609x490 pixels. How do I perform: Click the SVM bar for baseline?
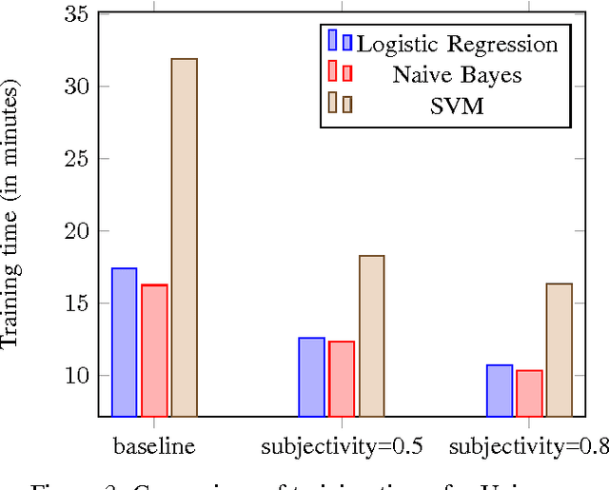point(184,238)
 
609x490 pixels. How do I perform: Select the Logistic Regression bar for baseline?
point(124,343)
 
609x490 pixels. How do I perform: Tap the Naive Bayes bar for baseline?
point(154,350)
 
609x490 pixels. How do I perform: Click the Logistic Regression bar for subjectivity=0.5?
point(311,377)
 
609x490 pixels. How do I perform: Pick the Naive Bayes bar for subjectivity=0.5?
point(341,379)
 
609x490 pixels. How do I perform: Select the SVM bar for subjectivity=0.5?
point(371,336)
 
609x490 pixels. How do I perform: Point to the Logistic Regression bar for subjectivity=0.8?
point(499,390)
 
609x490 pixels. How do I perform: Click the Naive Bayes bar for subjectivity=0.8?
point(528,393)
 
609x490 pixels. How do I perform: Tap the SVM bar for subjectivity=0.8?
point(559,349)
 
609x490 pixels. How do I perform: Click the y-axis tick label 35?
point(76,14)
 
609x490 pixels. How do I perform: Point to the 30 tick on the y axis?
point(76,87)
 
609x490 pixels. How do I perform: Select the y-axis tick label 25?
point(76,159)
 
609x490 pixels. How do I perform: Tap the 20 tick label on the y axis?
point(76,231)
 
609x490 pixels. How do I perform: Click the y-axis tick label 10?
point(76,376)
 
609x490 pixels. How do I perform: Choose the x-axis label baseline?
point(154,444)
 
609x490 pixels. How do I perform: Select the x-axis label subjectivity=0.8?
point(527,445)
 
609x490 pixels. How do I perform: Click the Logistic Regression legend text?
point(457,44)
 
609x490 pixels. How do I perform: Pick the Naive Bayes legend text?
point(457,74)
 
